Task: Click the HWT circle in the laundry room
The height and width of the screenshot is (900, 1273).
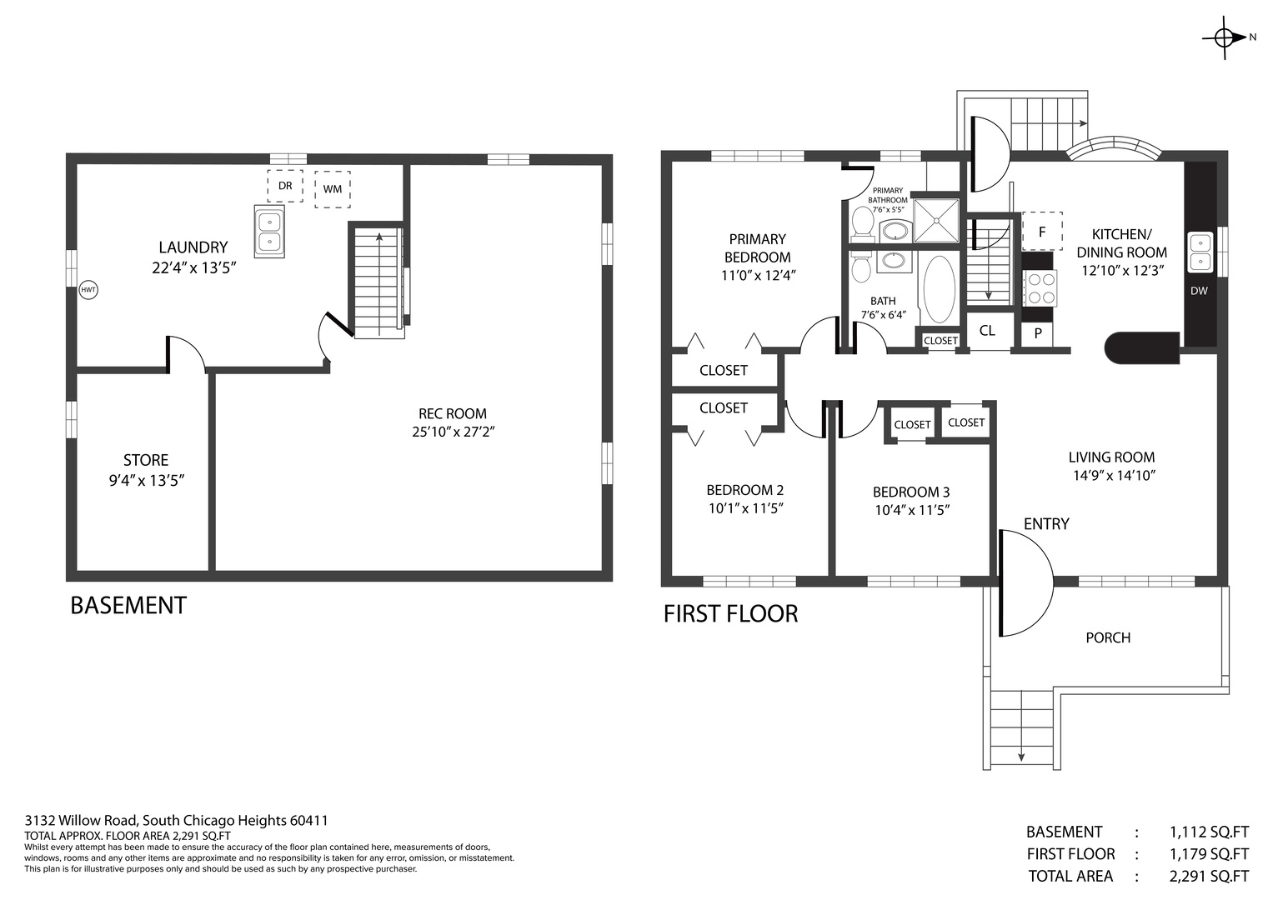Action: click(88, 290)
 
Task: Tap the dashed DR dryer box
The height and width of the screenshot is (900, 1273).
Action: click(285, 186)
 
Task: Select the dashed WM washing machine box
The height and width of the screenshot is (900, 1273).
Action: click(333, 189)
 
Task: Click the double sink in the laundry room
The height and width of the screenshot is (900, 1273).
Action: click(269, 232)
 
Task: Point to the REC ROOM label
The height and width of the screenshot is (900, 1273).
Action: click(453, 413)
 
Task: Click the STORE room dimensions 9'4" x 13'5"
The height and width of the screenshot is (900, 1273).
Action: click(147, 481)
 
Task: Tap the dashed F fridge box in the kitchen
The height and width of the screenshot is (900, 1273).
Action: click(1042, 232)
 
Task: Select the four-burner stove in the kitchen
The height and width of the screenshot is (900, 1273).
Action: click(1041, 288)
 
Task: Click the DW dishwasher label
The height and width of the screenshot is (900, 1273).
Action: click(1199, 291)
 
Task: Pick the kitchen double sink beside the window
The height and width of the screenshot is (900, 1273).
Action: click(1200, 252)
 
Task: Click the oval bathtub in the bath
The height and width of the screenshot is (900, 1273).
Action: click(940, 290)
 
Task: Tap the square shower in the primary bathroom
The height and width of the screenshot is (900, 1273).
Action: click(936, 221)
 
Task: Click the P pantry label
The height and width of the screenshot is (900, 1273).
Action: click(1038, 333)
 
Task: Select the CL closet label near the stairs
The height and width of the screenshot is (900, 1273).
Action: click(987, 331)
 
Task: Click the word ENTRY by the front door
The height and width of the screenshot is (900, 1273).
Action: click(1046, 524)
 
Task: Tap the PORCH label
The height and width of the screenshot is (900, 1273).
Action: click(1108, 638)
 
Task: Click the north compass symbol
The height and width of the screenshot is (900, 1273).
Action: click(1224, 38)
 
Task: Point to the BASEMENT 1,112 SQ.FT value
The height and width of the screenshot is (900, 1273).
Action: click(1209, 832)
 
